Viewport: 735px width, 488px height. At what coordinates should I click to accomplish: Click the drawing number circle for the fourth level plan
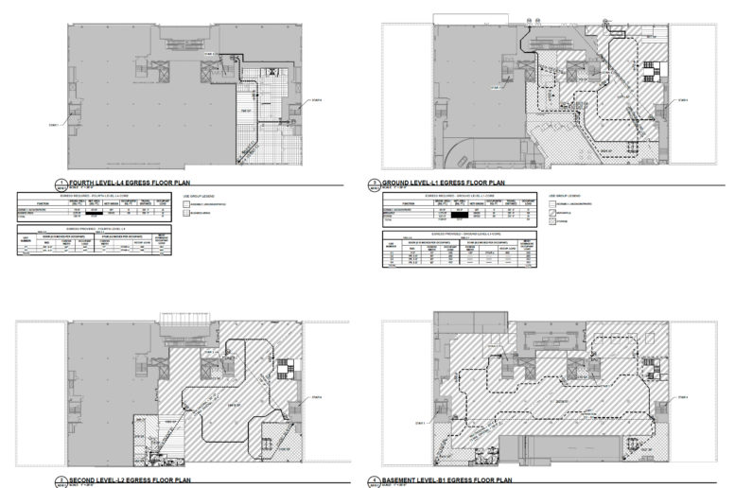[61, 183]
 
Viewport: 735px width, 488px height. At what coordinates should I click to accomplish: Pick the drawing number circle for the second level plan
[61, 481]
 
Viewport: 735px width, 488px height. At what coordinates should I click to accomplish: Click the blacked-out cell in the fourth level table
[92, 214]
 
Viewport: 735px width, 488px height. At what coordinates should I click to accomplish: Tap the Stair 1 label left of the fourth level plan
[51, 123]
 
